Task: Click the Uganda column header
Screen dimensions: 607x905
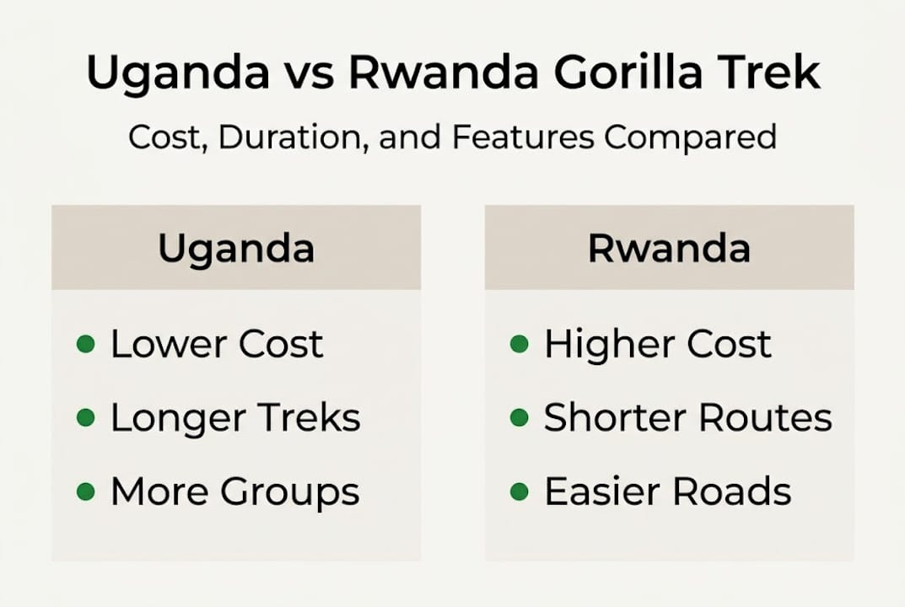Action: tap(236, 249)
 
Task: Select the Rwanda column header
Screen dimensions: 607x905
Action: tap(669, 249)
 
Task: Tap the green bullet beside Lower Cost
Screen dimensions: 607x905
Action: tap(85, 344)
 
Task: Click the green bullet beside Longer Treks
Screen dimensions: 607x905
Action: tap(85, 417)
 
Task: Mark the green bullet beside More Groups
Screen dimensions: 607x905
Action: tap(85, 491)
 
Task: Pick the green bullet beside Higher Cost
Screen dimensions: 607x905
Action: tap(520, 344)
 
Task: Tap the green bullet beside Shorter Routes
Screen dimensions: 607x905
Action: tap(520, 417)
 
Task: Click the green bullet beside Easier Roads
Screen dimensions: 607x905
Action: tap(520, 491)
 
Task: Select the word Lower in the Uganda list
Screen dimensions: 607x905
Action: tap(167, 344)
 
